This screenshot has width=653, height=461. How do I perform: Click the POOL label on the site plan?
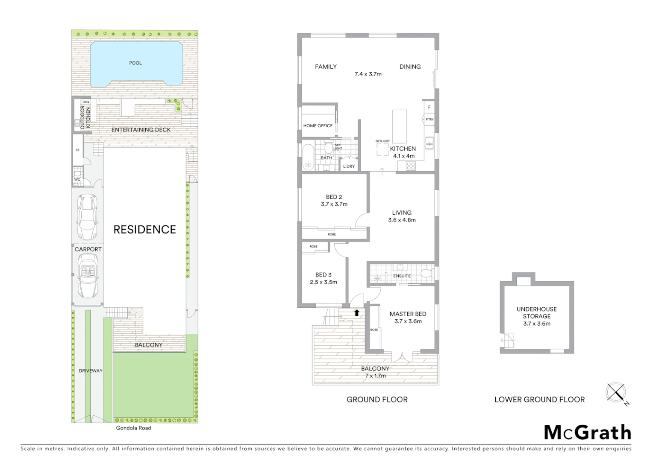click(135, 63)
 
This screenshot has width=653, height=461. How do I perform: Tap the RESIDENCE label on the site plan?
click(144, 230)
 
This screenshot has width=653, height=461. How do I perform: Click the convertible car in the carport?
click(88, 275)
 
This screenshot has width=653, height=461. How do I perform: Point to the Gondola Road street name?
click(133, 428)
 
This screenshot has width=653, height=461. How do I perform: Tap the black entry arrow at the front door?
click(356, 313)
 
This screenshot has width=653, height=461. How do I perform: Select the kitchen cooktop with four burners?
click(410, 166)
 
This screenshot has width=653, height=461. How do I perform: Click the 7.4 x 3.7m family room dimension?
click(368, 74)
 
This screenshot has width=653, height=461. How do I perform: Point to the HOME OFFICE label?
click(318, 125)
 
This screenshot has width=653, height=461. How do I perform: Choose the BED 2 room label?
click(334, 197)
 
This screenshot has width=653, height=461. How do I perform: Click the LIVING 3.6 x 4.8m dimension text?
click(402, 220)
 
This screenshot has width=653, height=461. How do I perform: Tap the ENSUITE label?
click(402, 276)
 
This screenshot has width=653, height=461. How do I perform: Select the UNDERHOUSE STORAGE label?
click(536, 312)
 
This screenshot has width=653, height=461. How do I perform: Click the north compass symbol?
click(616, 393)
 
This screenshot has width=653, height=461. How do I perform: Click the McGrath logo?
click(587, 432)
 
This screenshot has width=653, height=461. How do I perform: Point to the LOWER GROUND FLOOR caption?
click(539, 400)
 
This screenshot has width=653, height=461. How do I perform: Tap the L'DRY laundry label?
click(349, 166)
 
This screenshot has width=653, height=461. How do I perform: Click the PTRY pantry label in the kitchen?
click(429, 120)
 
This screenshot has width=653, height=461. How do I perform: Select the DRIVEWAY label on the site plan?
click(91, 371)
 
